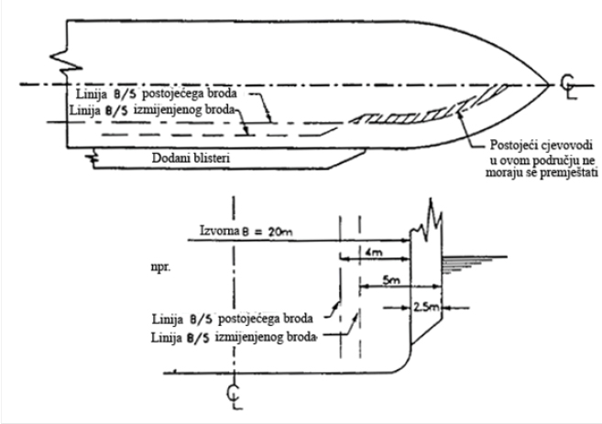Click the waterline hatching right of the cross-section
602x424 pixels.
pyautogui.click(x=463, y=260)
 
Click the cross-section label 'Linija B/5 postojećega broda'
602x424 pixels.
pyautogui.click(x=232, y=318)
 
